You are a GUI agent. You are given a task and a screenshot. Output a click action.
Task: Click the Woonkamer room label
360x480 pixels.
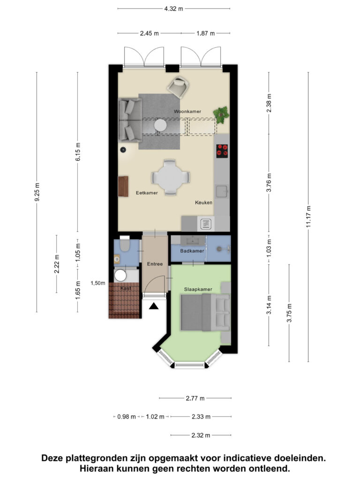187,112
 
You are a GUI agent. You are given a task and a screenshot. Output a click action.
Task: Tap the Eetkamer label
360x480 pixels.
147,193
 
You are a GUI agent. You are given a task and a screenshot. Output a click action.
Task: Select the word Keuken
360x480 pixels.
203,202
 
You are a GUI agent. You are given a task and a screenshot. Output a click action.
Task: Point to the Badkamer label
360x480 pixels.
192,251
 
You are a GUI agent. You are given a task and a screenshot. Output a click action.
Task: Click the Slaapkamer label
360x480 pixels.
198,289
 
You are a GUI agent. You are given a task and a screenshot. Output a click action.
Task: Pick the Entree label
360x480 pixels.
155,264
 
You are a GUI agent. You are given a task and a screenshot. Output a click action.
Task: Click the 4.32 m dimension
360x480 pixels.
173,8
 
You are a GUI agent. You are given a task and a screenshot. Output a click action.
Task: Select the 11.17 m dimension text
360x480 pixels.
308,217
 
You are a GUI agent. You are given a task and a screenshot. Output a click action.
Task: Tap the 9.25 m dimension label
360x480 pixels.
37,192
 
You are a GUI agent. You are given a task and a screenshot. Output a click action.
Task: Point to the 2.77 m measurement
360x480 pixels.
195,398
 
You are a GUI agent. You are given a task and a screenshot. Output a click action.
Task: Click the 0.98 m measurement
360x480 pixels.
127,417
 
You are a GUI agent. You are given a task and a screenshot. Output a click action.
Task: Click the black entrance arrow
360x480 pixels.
154,306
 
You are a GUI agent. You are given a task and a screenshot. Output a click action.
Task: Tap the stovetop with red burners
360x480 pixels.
222,151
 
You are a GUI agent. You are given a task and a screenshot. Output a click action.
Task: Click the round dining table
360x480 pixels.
170,177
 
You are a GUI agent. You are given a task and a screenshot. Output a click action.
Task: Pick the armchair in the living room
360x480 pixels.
178,87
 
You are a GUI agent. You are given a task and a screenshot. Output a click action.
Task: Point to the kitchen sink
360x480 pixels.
222,191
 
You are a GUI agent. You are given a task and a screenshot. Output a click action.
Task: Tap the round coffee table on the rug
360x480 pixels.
160,125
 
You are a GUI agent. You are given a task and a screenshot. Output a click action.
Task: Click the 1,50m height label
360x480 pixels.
98,283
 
